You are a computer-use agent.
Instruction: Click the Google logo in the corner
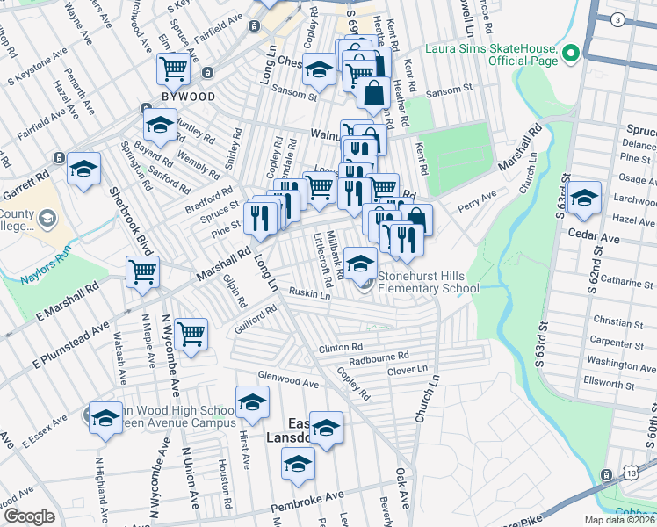(x=29, y=516)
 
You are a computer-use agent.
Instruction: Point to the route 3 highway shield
(x=617, y=19)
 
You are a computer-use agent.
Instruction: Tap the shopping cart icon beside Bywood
(x=173, y=68)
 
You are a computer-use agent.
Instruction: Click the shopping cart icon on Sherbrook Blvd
(x=142, y=272)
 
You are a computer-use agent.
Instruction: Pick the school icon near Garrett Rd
(x=83, y=169)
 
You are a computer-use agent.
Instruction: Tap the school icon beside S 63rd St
(x=583, y=198)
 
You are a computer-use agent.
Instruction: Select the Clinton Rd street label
(x=341, y=348)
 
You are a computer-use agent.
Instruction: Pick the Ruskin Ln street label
(x=309, y=294)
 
